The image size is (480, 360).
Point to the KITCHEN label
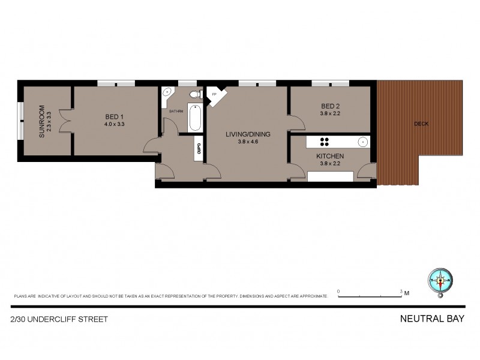330,156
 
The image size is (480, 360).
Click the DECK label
422,124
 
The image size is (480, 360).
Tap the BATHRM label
176,112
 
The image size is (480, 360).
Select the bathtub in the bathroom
196,118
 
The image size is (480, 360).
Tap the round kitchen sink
362,142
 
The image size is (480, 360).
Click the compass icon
442,280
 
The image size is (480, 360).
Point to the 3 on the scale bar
401,291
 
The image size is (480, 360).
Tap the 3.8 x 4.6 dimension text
247,142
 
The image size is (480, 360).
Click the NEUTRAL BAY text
431,319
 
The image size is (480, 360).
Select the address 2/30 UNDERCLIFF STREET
59,319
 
